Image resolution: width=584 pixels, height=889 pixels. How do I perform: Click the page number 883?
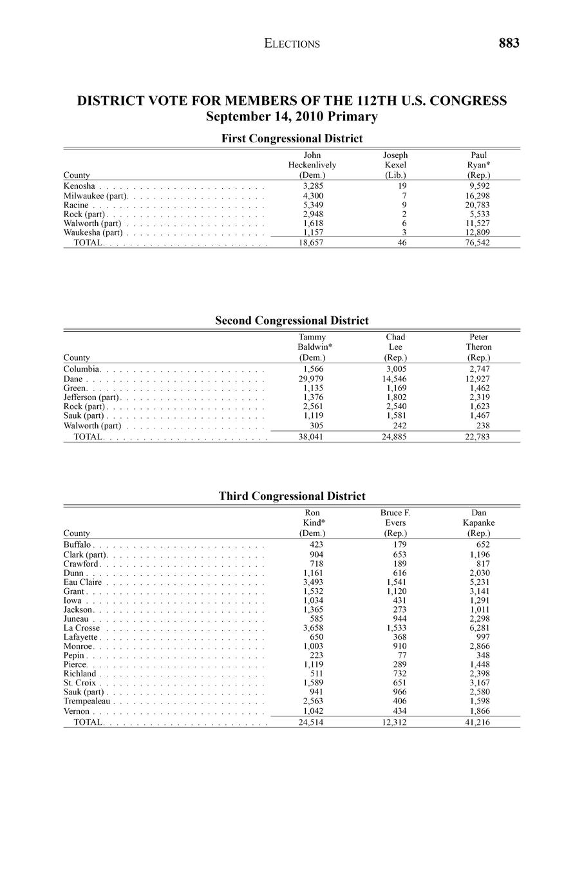click(x=508, y=43)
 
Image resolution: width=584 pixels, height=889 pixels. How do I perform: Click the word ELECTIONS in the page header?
click(x=292, y=44)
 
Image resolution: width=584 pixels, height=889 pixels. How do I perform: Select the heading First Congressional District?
click(x=292, y=139)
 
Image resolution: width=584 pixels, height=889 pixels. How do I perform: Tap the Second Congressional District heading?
click(x=292, y=321)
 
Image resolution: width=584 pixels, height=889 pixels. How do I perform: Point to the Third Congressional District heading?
click(x=292, y=496)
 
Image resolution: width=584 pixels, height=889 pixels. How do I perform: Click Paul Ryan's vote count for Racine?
click(x=478, y=205)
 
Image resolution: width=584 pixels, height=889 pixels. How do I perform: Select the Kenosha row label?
click(x=79, y=186)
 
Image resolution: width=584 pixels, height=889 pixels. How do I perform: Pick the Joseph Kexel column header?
click(x=395, y=165)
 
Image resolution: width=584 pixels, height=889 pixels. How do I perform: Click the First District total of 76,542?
click(x=478, y=243)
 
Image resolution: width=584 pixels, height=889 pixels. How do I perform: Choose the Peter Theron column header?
click(x=478, y=347)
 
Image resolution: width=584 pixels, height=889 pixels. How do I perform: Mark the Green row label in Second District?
click(x=75, y=388)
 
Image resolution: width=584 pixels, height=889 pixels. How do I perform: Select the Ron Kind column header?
click(x=312, y=522)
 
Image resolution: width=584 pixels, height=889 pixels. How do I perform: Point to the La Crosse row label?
click(x=82, y=628)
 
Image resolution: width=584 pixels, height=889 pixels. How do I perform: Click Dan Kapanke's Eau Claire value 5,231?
click(x=479, y=582)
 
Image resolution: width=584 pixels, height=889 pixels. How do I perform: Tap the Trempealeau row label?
click(x=87, y=701)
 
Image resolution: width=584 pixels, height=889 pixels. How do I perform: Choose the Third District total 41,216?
click(x=478, y=723)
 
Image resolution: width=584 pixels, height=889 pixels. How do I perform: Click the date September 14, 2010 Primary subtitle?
click(x=292, y=117)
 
